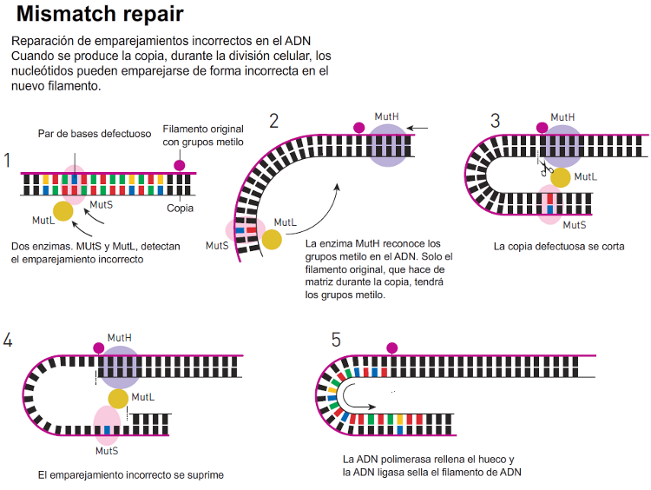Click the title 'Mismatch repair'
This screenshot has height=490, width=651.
[100, 15]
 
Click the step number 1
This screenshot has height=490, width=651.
[7, 161]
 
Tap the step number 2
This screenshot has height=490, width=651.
[273, 121]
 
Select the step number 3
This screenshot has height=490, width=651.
[495, 121]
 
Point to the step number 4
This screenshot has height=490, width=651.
[8, 340]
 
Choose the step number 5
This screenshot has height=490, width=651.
[336, 340]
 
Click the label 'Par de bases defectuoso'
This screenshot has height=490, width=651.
[95, 134]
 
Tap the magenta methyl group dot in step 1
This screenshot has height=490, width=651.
[180, 165]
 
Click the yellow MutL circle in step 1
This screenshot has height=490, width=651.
[63, 211]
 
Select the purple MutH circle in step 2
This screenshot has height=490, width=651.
[389, 143]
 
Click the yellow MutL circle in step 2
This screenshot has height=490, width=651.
[272, 240]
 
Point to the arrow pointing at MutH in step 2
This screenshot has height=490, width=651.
[418, 129]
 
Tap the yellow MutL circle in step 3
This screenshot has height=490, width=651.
[561, 177]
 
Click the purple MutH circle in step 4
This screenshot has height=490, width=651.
[119, 367]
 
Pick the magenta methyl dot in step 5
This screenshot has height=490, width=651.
[392, 348]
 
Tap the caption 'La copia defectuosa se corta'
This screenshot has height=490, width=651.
[559, 246]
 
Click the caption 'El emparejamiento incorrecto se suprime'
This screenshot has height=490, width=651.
[131, 475]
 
